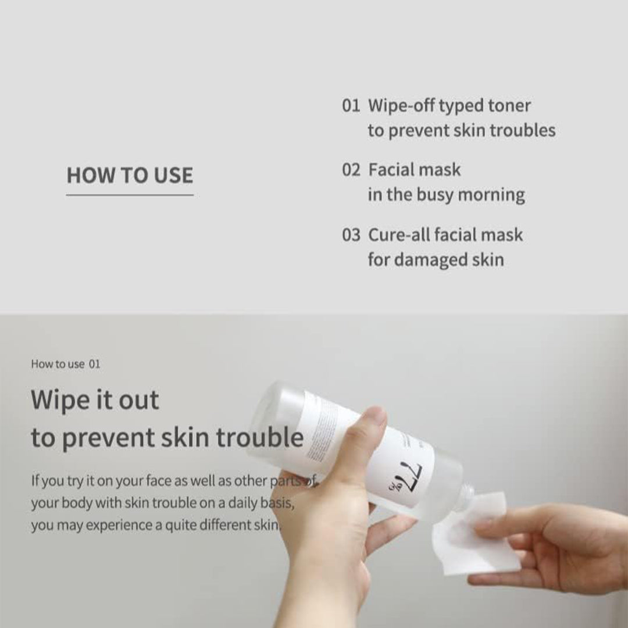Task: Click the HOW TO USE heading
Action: click(x=130, y=176)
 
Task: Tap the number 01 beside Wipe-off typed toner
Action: click(x=351, y=106)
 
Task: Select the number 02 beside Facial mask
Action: click(x=351, y=170)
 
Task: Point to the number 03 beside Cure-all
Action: click(x=351, y=235)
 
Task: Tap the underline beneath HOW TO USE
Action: click(x=130, y=195)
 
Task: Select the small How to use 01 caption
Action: click(x=66, y=364)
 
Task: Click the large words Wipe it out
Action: click(x=95, y=399)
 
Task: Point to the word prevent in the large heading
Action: click(x=109, y=438)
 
